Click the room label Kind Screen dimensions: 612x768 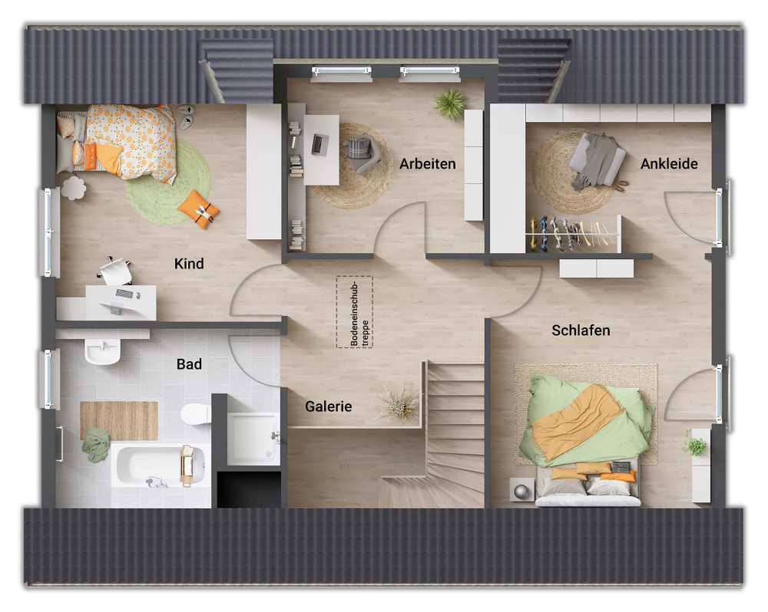189,264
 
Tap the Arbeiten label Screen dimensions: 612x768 428,163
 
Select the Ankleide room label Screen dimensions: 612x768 669,163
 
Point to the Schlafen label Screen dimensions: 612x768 581,331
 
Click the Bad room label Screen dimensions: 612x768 189,364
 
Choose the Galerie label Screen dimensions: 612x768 328,406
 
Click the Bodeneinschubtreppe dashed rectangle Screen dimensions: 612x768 354,312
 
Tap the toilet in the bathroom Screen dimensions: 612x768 196,415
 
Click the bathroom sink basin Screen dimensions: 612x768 102,352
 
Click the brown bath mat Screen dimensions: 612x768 119,420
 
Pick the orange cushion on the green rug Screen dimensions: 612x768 199,209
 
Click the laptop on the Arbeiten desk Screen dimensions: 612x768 319,143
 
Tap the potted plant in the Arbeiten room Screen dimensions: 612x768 450,103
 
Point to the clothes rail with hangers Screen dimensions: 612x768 572,234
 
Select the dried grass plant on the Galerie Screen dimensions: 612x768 399,403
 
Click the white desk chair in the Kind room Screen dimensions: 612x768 116,271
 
